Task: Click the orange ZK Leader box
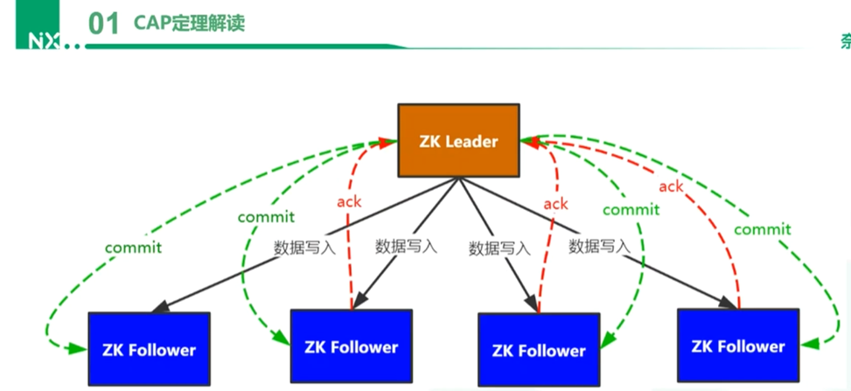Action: pyautogui.click(x=458, y=140)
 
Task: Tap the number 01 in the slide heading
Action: pyautogui.click(x=103, y=24)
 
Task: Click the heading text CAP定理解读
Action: pyautogui.click(x=189, y=23)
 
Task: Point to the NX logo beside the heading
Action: pyautogui.click(x=44, y=40)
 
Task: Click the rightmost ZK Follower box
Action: pyautogui.click(x=738, y=346)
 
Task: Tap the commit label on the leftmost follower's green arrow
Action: pyautogui.click(x=133, y=248)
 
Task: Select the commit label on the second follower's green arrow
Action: pyautogui.click(x=266, y=216)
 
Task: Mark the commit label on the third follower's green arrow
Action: pyautogui.click(x=631, y=210)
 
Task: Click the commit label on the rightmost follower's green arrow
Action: pyautogui.click(x=762, y=229)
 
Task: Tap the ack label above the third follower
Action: pyautogui.click(x=555, y=204)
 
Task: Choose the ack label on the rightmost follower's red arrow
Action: pyautogui.click(x=671, y=186)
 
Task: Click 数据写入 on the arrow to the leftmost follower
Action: pyautogui.click(x=304, y=247)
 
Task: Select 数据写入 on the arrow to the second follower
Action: pyautogui.click(x=406, y=246)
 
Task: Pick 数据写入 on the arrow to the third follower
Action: pyautogui.click(x=499, y=248)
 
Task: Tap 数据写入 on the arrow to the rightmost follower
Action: pyautogui.click(x=599, y=246)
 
